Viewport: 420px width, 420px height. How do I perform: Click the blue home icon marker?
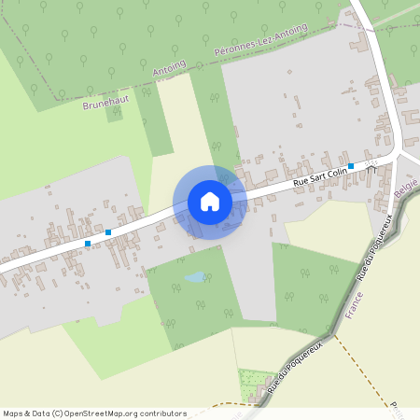point(210,202)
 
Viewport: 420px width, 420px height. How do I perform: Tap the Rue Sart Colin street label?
point(320,174)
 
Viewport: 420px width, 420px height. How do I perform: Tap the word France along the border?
point(354,304)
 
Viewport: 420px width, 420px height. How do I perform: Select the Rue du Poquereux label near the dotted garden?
point(293,366)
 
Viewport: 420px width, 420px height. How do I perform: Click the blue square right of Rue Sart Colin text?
point(351,165)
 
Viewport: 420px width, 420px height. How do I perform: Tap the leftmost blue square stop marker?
point(88,243)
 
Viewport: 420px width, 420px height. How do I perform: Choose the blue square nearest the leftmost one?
point(108,231)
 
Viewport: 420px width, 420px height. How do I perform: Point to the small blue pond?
point(194,277)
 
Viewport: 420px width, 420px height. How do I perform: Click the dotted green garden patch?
point(252,380)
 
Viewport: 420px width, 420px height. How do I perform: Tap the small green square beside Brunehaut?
point(114,116)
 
